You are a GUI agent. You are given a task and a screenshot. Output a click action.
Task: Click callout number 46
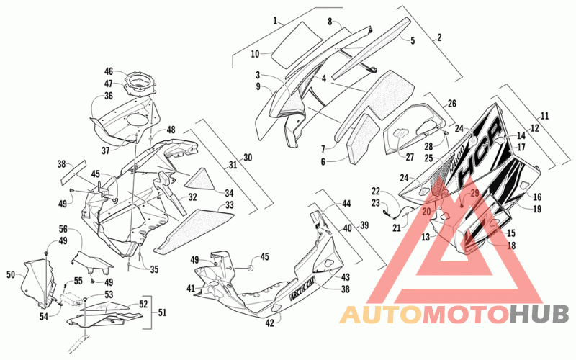point(109,71)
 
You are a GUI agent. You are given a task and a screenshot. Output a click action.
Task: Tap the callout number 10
point(256,54)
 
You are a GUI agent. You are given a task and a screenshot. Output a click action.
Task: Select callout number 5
point(413,40)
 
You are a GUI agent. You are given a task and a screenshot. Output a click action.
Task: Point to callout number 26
point(452,104)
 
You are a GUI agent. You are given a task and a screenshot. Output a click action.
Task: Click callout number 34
point(229,192)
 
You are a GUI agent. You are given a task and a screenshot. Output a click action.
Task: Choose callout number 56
point(63,229)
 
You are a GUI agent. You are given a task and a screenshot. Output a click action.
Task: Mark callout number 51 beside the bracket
point(162,312)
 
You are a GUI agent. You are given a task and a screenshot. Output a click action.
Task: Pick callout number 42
point(269,323)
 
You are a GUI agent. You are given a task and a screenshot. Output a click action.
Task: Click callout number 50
point(11,274)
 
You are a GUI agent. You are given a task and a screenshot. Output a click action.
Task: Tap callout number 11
point(545,116)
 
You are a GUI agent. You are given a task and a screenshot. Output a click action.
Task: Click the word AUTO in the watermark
point(381,315)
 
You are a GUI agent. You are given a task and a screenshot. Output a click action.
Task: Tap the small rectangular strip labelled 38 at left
point(73,172)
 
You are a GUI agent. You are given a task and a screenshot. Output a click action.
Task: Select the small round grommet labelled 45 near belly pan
point(250,269)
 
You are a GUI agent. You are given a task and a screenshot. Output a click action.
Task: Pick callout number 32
point(192,197)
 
